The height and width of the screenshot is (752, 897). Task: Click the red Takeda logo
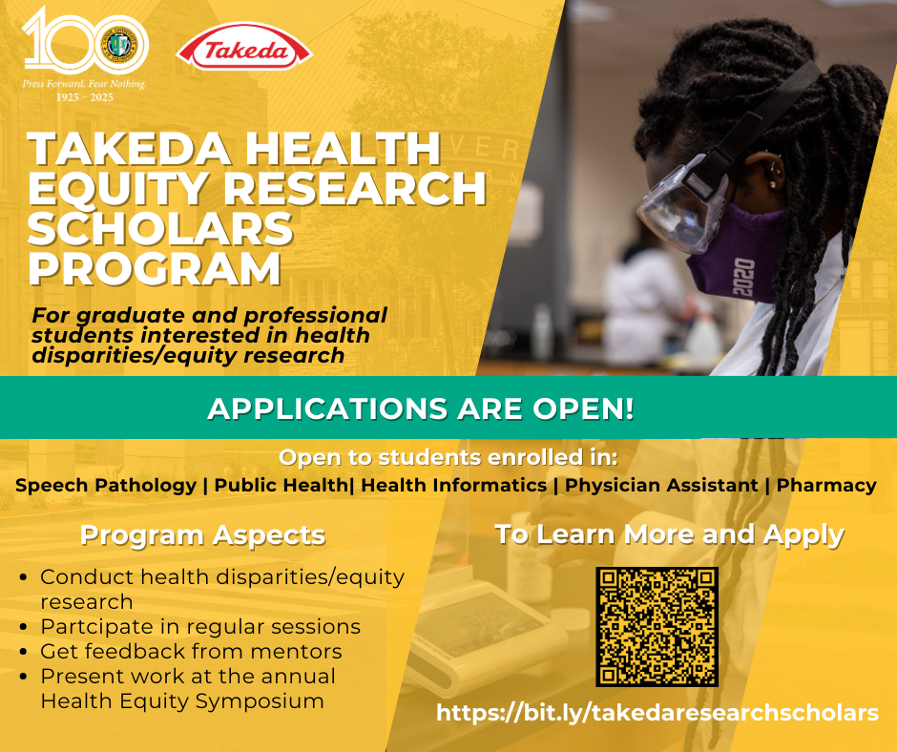(244, 51)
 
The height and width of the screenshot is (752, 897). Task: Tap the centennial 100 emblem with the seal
(86, 42)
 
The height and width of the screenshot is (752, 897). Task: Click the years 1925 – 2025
(85, 97)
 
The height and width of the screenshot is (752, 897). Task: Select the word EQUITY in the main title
(117, 188)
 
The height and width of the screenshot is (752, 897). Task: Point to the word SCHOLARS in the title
(160, 228)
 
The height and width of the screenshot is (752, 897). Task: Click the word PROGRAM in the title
(155, 268)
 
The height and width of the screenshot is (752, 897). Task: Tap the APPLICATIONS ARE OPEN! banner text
(421, 408)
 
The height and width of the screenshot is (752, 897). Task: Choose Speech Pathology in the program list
(106, 486)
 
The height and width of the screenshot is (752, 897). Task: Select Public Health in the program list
(281, 486)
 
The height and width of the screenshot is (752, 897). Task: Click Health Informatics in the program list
(453, 486)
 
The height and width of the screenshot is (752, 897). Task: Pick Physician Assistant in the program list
(661, 486)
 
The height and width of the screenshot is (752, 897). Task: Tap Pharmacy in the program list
(826, 486)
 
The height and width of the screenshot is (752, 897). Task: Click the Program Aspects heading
(203, 535)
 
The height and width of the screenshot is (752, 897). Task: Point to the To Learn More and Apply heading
(669, 535)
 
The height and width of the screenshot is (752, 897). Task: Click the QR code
(657, 627)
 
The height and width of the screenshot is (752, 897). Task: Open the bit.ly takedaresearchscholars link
(657, 713)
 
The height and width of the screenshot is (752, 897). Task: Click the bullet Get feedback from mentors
(191, 651)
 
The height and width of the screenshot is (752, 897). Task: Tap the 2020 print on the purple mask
(743, 277)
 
